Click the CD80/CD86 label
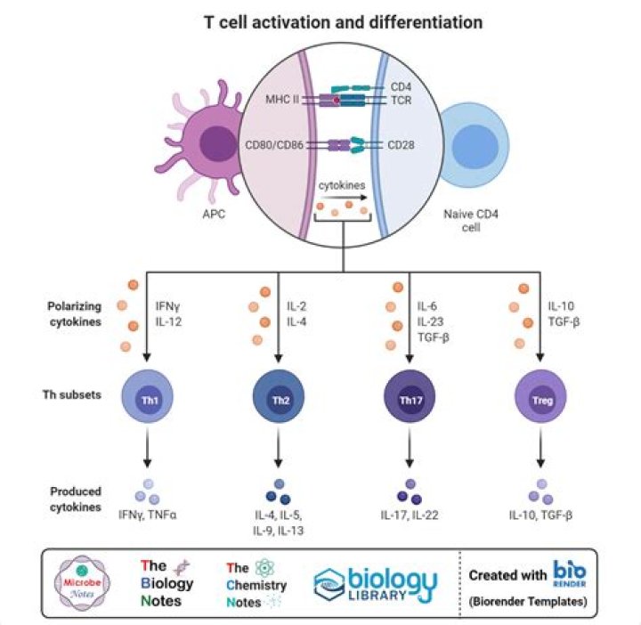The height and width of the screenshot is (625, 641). (x=275, y=144)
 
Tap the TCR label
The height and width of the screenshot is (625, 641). (x=402, y=102)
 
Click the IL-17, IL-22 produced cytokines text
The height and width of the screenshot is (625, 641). (x=409, y=515)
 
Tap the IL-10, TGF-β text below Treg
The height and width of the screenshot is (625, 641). (x=541, y=515)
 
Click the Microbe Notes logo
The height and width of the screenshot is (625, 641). (x=82, y=583)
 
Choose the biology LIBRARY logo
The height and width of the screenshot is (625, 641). (x=376, y=583)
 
